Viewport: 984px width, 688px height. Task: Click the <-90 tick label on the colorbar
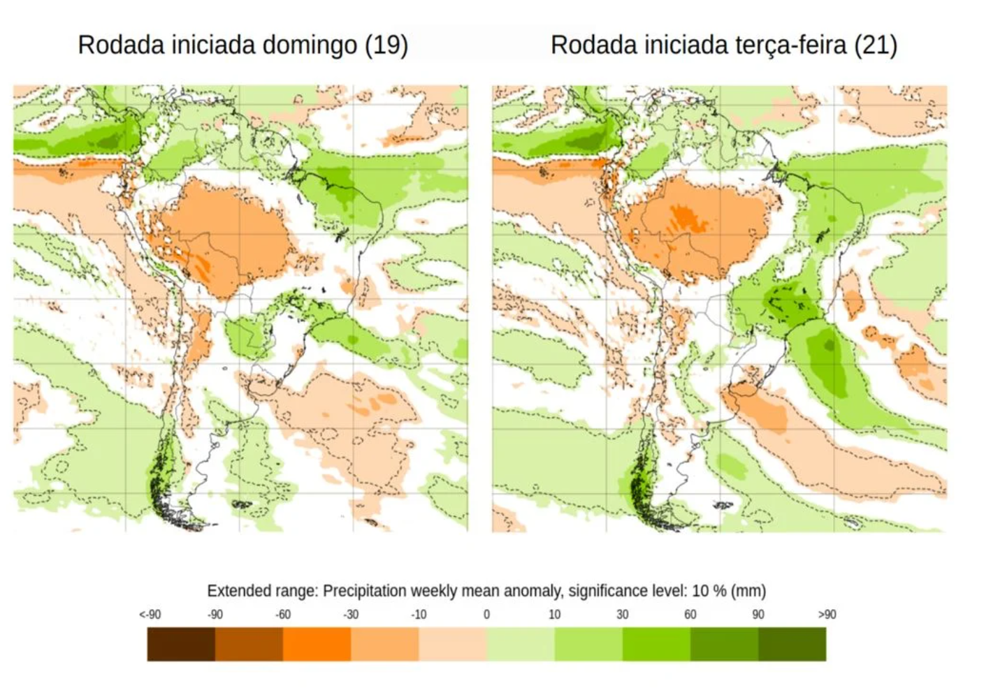(150, 615)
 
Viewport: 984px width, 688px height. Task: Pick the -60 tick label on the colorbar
(282, 615)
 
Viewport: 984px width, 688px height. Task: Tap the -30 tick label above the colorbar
(350, 615)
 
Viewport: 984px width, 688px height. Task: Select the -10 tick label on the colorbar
(418, 615)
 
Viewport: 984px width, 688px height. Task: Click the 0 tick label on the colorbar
(486, 615)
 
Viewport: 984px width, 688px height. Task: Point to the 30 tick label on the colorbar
(622, 615)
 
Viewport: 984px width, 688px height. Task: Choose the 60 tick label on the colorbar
(690, 615)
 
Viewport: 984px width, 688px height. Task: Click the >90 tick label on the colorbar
(827, 615)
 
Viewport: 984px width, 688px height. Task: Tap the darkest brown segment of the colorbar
(181, 644)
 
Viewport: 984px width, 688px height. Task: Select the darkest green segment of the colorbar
(793, 644)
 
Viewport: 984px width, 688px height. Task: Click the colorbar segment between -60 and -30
(317, 644)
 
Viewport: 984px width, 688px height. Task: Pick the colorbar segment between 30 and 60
(656, 644)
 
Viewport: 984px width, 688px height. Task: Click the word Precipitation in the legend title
(364, 591)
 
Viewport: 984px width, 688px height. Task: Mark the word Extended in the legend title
(236, 591)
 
